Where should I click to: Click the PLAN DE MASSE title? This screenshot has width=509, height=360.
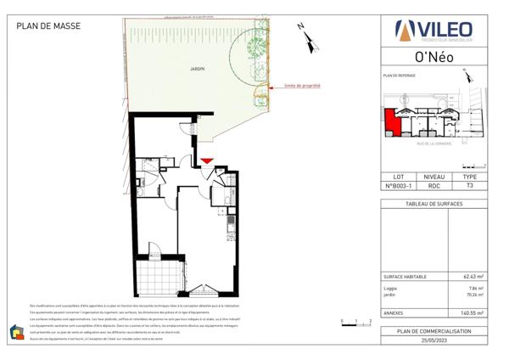click(48, 26)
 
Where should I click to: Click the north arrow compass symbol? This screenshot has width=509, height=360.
click(306, 36)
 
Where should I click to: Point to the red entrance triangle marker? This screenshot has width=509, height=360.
click(207, 160)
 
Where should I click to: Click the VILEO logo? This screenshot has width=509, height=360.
click(435, 31)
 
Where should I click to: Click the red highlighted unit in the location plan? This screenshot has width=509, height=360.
click(392, 122)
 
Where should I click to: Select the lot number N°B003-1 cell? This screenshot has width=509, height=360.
click(397, 185)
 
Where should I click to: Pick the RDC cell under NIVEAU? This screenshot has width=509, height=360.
click(433, 185)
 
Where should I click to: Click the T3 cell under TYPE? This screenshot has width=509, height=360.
click(470, 185)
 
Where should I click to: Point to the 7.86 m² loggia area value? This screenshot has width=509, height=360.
click(475, 289)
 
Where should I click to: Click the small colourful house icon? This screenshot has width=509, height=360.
click(16, 332)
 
